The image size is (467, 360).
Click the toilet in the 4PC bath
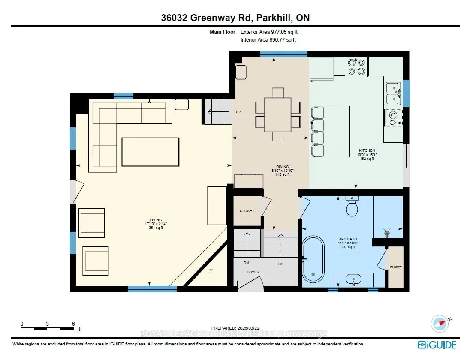352,206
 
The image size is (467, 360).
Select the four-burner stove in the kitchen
356,67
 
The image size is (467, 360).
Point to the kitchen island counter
337,131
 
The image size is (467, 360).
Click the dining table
278,114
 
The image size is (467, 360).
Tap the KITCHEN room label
367,150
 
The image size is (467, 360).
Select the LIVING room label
156,220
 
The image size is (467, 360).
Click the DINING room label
282,167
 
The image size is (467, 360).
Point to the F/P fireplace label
210,270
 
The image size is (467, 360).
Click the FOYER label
253,272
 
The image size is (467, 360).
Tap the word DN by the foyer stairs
246,263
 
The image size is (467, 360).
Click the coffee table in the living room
151,152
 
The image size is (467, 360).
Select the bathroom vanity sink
353,279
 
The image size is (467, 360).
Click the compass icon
440,324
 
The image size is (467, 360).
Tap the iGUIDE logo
437,345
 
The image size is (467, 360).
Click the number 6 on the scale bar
73,324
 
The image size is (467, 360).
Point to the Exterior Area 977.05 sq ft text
269,32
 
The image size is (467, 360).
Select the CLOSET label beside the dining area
247,211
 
